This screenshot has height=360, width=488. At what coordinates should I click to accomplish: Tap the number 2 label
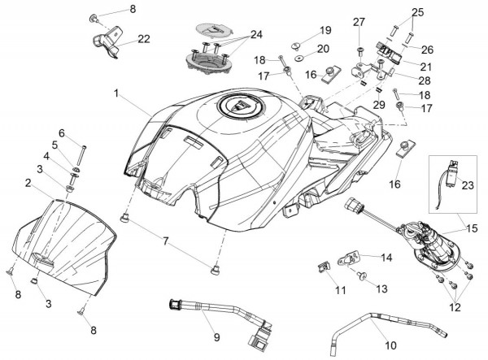pos(28,184)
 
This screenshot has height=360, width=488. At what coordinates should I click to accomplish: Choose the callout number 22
pos(143,38)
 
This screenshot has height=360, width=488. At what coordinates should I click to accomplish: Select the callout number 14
pos(386,258)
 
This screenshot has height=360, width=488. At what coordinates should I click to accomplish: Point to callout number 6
pos(61,132)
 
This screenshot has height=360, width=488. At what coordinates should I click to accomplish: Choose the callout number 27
pos(359,23)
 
